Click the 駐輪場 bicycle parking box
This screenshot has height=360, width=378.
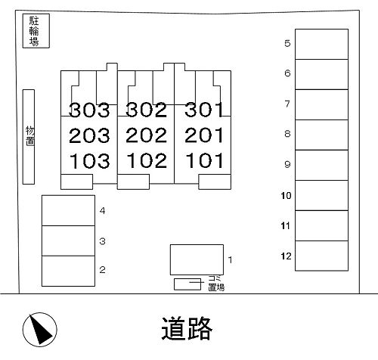coord(36,31)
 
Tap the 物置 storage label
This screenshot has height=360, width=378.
coord(30,136)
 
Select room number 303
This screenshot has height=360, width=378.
coord(89,110)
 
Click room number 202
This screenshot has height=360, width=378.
coord(146,135)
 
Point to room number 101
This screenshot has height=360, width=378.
coord(204,160)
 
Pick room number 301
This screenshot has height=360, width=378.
coord(204,110)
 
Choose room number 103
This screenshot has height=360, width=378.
coord(89,161)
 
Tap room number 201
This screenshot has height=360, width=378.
coord(204,135)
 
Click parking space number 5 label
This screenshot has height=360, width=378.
coord(287,43)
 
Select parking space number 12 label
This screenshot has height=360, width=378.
coord(286,256)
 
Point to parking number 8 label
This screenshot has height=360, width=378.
coord(287,134)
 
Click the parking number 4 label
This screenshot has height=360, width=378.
coord(102,210)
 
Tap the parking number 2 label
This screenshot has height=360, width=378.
coord(102,270)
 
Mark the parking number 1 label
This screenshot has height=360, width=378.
coord(230,259)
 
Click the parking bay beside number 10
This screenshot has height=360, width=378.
coord(321,195)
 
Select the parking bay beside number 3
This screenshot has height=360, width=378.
coord(68,241)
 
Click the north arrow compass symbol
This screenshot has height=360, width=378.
coord(40,330)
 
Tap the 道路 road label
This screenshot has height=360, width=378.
coord(187,328)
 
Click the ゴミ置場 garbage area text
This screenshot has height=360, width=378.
coord(216,283)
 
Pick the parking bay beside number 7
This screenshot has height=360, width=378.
coord(321,104)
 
